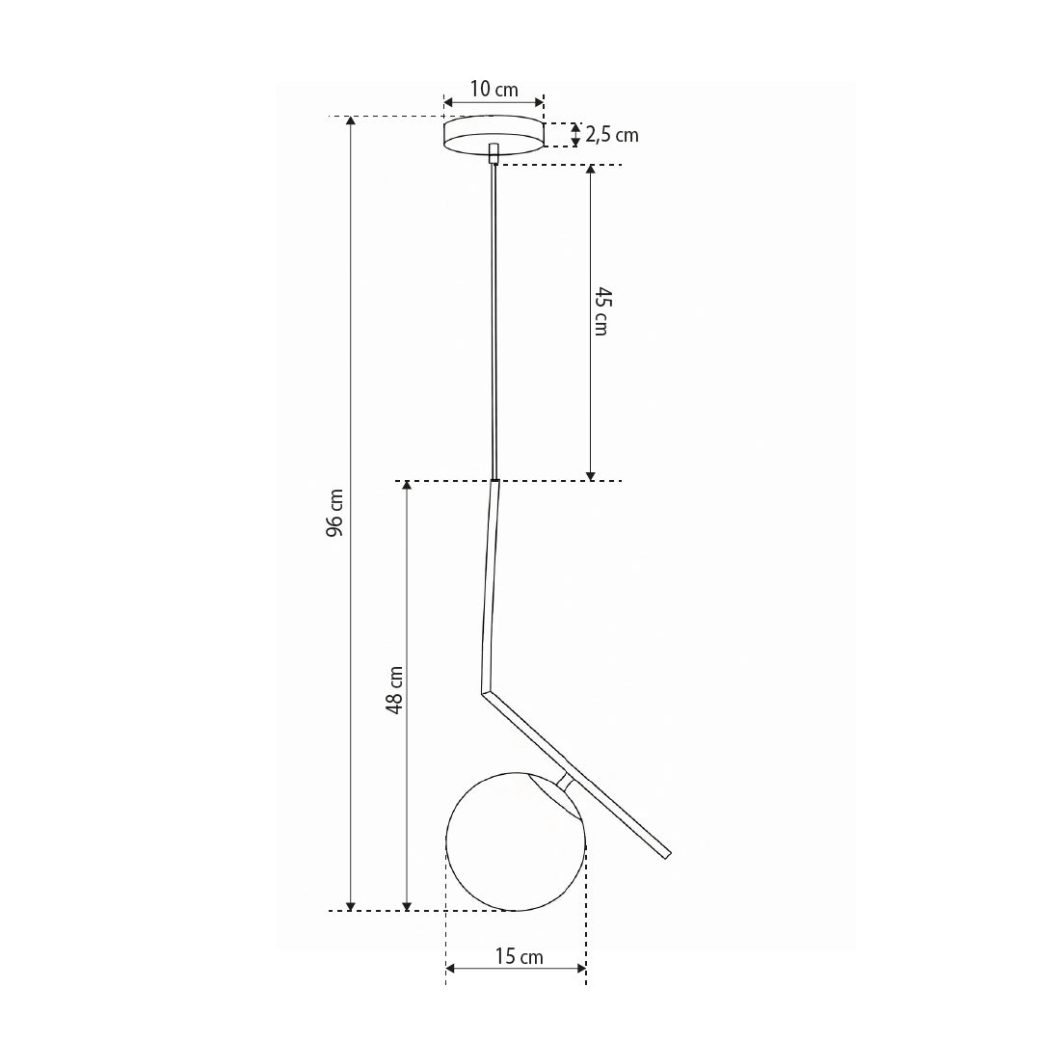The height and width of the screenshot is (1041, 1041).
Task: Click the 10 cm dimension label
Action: coord(494,89)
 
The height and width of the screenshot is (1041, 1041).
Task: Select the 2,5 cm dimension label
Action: coord(611,135)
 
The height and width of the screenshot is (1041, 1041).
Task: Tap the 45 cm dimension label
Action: coord(601,311)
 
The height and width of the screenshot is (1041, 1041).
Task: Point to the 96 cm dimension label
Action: coord(336,513)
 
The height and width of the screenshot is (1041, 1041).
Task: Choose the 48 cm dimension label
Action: coord(394,690)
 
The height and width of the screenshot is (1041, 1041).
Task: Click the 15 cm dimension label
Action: coord(519,957)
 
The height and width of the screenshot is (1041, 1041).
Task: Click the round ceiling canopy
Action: coord(494,135)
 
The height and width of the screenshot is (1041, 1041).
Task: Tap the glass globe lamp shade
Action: coord(516,841)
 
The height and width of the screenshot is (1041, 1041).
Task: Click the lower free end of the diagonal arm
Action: coord(667,855)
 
